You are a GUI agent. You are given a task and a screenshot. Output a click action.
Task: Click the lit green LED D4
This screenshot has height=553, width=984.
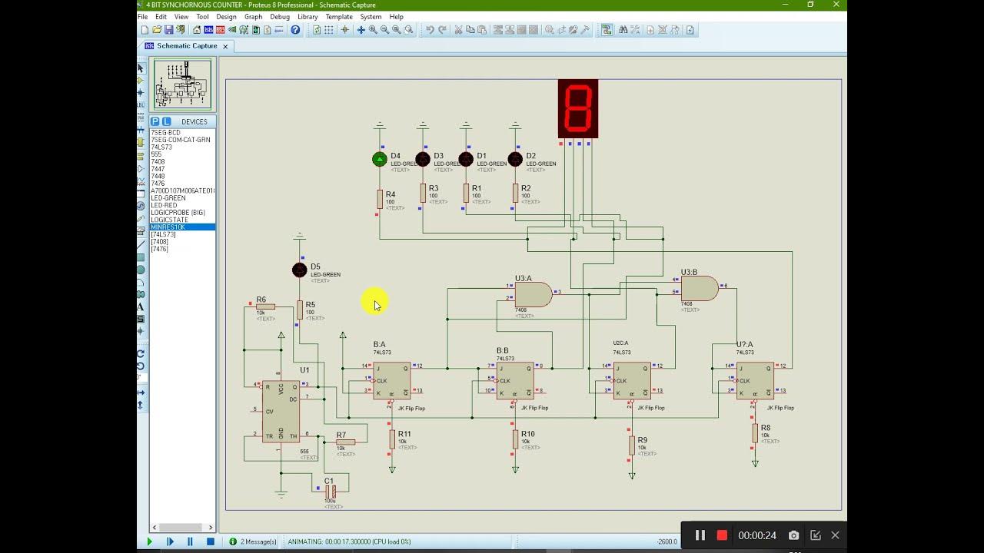(379, 159)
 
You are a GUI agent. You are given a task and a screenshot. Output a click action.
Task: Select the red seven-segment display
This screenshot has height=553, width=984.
(578, 108)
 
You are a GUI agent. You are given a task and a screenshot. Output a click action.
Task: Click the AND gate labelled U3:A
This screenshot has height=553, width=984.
(532, 294)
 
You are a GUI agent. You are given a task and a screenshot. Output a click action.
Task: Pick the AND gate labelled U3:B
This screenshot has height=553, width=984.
(698, 288)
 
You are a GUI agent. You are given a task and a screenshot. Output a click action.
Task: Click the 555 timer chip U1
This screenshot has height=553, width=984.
(281, 411)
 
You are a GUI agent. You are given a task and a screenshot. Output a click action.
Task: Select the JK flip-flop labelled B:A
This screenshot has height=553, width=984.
(391, 380)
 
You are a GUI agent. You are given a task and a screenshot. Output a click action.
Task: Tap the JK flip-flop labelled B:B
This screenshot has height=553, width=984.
(514, 381)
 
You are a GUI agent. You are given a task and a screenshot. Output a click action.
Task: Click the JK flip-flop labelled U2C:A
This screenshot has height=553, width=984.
(631, 381)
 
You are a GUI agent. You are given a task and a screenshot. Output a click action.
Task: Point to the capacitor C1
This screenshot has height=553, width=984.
(331, 490)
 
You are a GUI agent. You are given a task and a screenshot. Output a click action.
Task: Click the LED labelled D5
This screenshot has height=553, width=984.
(300, 270)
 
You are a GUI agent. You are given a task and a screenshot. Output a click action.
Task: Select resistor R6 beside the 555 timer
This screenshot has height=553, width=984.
(265, 306)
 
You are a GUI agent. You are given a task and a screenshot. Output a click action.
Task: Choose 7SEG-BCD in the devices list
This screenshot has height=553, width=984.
(166, 133)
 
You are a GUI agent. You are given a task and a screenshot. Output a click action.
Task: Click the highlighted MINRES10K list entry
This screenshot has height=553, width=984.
(168, 227)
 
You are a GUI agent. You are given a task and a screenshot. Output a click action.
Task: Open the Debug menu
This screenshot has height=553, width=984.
(280, 16)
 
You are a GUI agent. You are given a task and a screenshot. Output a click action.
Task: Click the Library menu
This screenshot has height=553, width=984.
(307, 16)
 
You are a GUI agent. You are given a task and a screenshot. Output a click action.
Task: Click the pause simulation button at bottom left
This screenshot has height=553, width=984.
(190, 541)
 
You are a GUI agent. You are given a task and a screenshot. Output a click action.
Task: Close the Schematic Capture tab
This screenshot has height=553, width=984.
(225, 46)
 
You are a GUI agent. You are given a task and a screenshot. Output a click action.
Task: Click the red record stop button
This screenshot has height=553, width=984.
(722, 535)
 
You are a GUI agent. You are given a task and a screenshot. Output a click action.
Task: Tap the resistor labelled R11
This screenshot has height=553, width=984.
(392, 439)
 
